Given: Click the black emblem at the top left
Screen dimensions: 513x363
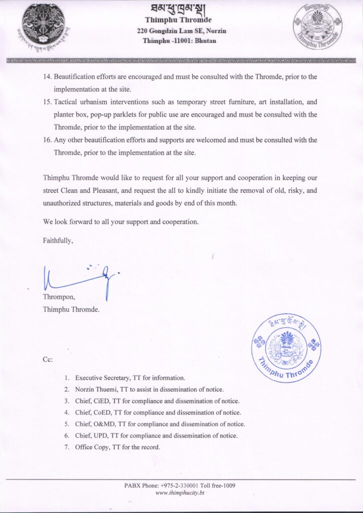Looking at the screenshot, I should tap(44, 25).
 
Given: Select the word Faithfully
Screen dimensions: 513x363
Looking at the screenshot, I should tap(58, 240).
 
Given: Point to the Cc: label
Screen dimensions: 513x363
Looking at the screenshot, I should tap(48, 359).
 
